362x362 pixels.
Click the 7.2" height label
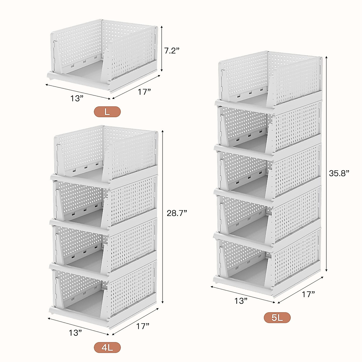[x=172, y=50]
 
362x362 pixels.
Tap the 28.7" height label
[x=177, y=213]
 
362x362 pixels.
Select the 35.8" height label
[x=339, y=173]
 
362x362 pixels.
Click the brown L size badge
[x=107, y=112]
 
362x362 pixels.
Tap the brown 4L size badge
[x=107, y=348]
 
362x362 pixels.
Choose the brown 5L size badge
[x=277, y=318]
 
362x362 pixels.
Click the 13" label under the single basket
[x=77, y=98]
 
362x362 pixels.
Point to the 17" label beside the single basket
[x=144, y=92]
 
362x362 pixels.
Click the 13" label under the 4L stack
[x=75, y=333]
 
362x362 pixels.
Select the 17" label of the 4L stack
[x=143, y=326]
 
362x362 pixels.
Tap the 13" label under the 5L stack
[x=241, y=301]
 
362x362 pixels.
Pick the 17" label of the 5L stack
[x=308, y=294]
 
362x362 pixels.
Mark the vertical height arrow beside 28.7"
[x=163, y=217]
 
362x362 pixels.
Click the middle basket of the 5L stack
[x=268, y=172]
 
